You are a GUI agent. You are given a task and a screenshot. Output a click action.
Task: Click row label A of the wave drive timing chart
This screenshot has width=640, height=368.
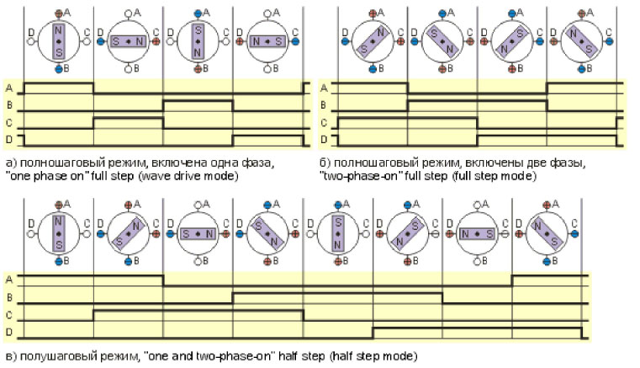pyautogui.click(x=9, y=88)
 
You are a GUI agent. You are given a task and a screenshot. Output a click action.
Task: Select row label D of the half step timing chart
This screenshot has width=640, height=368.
pyautogui.click(x=9, y=332)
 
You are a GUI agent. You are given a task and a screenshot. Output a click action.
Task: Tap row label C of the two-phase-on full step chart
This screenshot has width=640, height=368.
pyautogui.click(x=324, y=123)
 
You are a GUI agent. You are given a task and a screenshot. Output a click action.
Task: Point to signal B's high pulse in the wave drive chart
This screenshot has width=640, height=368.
pyautogui.click(x=198, y=101)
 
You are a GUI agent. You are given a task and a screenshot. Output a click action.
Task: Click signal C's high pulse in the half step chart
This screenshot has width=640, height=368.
pyautogui.click(x=198, y=311)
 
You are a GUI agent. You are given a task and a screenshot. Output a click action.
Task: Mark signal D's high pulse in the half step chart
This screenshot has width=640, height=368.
pyautogui.click(x=477, y=328)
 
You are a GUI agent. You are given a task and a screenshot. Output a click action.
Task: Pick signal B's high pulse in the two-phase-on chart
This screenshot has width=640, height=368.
pyautogui.click(x=477, y=101)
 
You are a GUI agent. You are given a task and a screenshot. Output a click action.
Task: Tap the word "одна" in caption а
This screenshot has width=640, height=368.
pyautogui.click(x=225, y=163)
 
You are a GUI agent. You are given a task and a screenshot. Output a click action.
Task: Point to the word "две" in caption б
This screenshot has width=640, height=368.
pyautogui.click(x=535, y=163)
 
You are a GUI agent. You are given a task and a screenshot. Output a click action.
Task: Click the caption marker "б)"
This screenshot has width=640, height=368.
pyautogui.click(x=325, y=163)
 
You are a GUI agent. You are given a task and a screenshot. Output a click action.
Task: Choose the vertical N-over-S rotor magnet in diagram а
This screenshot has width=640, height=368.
pyautogui.click(x=59, y=41)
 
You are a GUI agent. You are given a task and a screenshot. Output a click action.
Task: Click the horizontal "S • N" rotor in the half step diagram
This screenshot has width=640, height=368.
pyautogui.click(x=198, y=234)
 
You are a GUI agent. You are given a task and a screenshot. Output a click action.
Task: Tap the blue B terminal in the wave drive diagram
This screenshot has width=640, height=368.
pyautogui.click(x=59, y=69)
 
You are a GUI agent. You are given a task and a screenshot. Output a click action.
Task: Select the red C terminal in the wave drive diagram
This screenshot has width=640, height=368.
pyautogui.click(x=156, y=41)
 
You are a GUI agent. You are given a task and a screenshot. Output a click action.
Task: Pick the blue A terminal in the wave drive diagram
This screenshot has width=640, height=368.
pyautogui.click(x=198, y=13)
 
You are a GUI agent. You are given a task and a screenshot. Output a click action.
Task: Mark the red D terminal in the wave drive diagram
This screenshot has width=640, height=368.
pyautogui.click(x=240, y=41)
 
